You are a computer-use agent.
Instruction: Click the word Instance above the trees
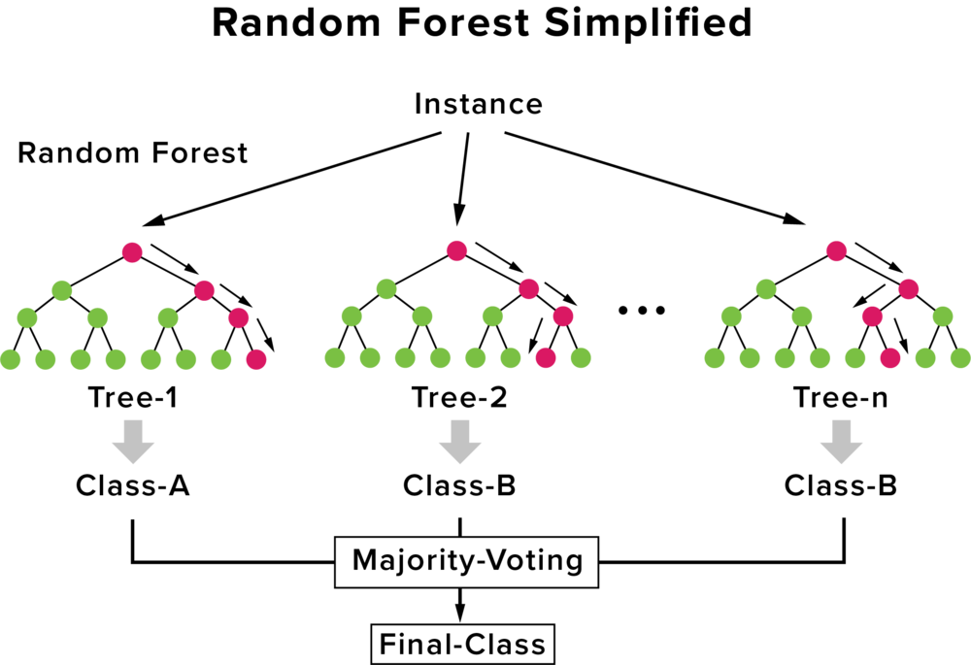coord(478,104)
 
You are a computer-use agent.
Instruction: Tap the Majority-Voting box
coord(467,561)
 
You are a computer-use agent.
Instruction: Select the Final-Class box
coord(462,644)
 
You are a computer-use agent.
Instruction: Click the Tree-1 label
coord(132,397)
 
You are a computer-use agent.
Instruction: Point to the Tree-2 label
coord(459,397)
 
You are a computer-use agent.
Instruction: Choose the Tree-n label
coord(840,397)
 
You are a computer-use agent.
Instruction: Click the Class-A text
coord(132,485)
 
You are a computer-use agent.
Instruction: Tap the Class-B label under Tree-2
coord(459,485)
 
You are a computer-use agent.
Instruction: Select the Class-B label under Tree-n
coord(840,485)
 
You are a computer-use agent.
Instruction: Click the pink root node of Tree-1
coord(132,252)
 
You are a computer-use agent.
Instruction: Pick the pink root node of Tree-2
coord(456,250)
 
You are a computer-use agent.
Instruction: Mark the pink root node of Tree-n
coord(837,251)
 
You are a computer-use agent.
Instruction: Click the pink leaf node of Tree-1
coord(255,359)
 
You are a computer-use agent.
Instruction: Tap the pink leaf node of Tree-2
coord(546,358)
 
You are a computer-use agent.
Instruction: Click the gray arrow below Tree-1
coord(133,442)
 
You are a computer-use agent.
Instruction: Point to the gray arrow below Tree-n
coord(841,442)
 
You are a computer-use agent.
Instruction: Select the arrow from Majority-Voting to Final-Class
coord(459,605)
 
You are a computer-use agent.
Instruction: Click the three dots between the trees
coord(642,310)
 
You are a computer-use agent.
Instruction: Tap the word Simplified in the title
coord(648,23)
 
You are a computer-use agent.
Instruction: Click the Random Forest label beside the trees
coord(132,153)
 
